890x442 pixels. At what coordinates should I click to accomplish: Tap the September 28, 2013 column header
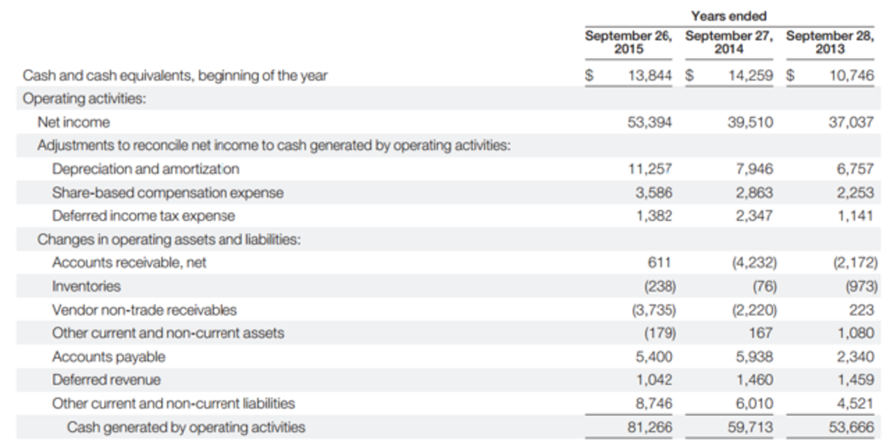click(829, 42)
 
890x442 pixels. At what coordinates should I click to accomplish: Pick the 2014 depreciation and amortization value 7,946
click(754, 169)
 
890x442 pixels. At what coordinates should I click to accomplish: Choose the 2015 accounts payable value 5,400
click(654, 357)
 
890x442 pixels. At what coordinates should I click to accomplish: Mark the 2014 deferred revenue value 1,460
click(755, 380)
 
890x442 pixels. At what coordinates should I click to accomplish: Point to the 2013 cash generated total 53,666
click(854, 427)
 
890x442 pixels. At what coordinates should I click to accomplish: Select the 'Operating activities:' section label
click(77, 99)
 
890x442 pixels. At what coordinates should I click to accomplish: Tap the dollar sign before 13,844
click(591, 76)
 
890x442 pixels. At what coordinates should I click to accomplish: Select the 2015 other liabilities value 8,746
click(654, 403)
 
